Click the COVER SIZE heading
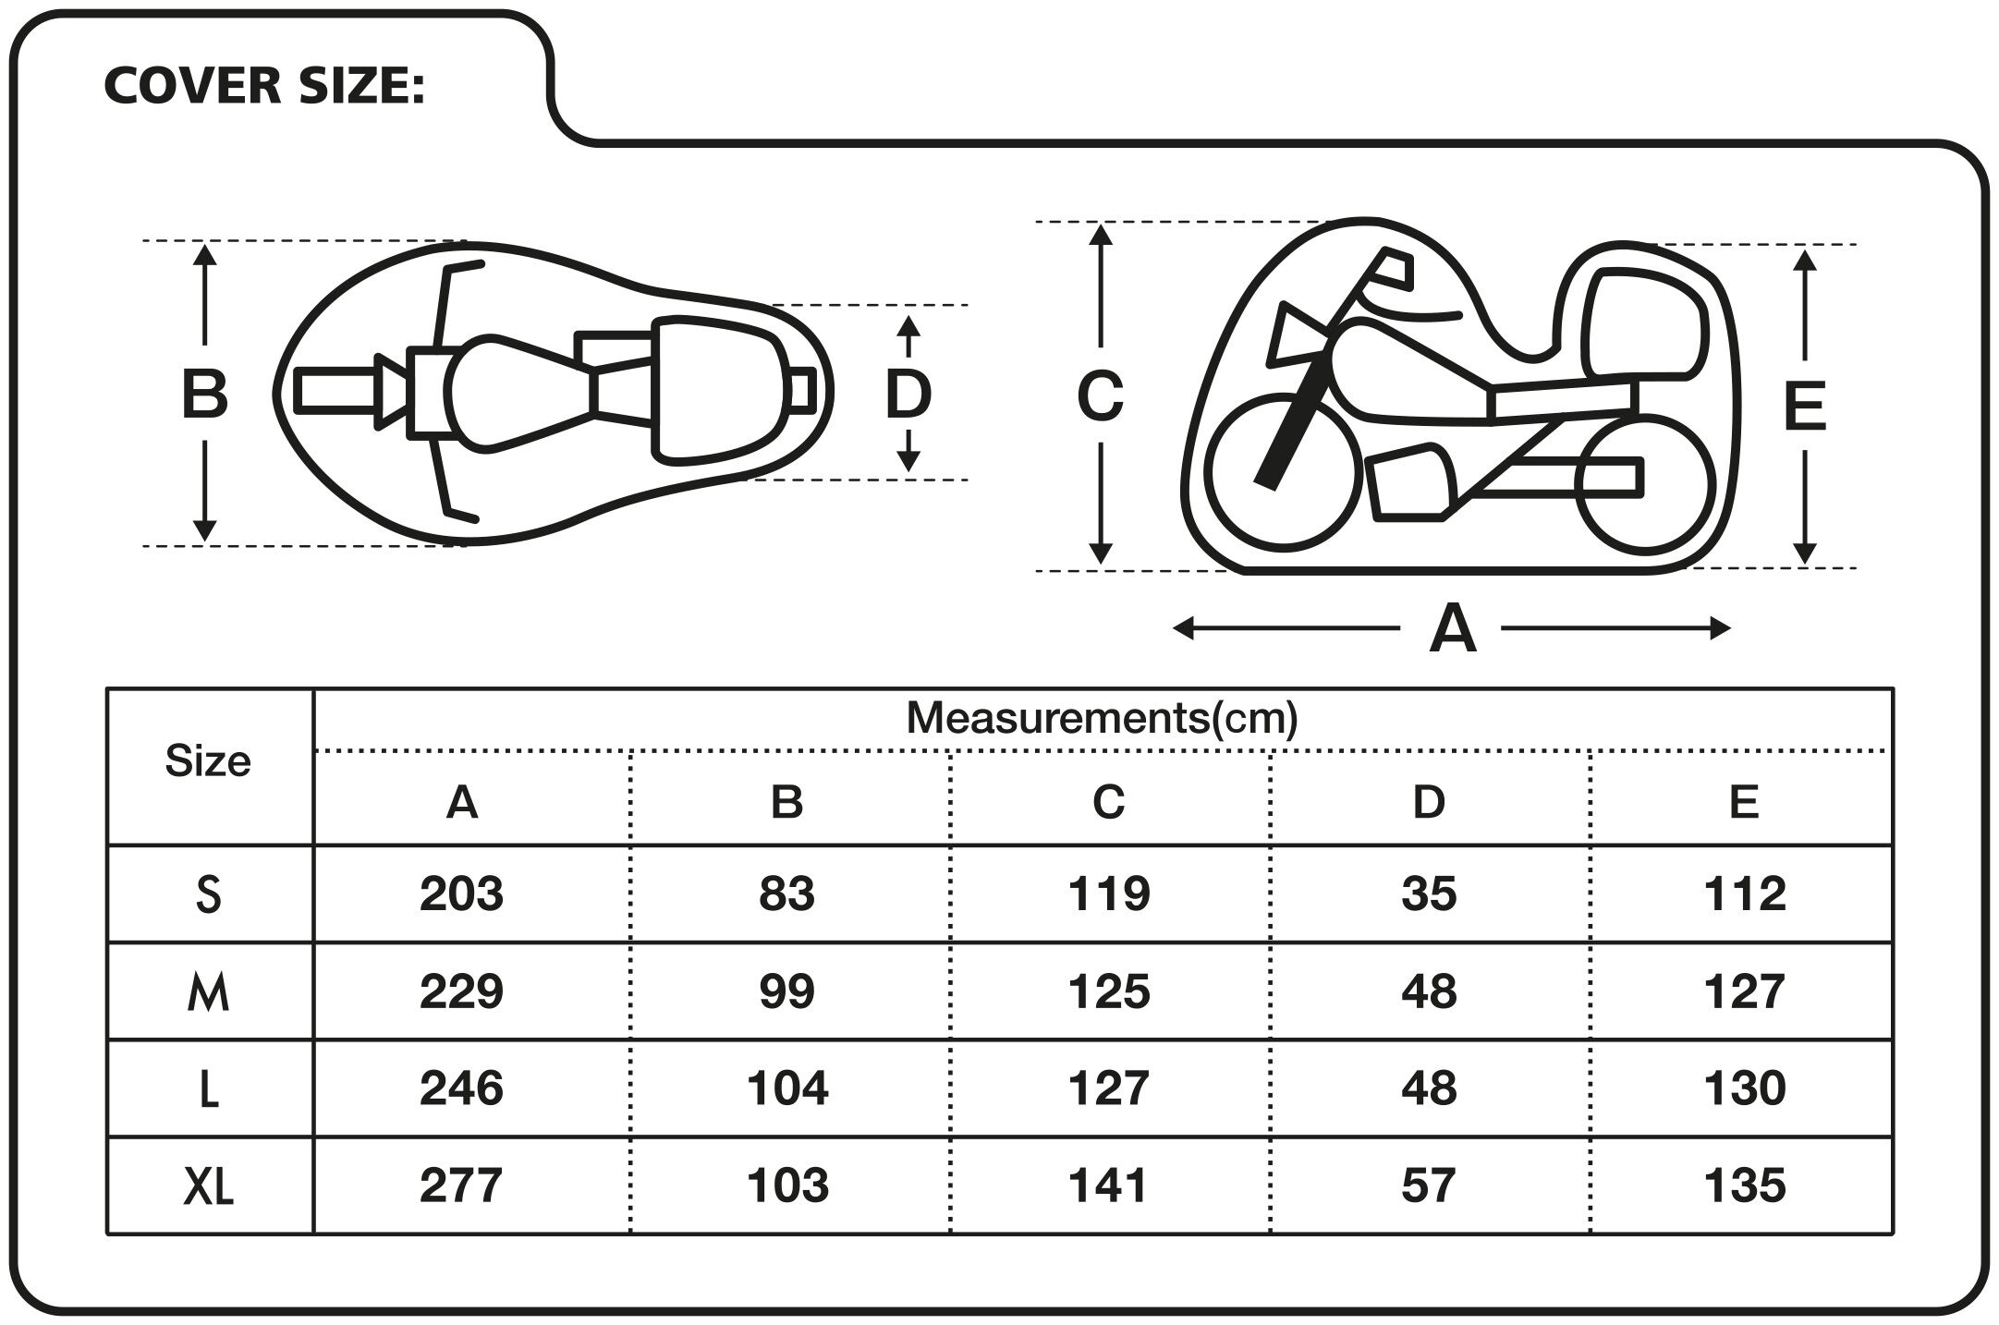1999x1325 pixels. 264,86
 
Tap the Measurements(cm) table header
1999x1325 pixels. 1102,718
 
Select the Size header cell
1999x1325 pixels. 208,762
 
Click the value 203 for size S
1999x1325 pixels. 461,893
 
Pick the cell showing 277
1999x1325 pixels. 461,1185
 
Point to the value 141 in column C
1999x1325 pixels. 1108,1185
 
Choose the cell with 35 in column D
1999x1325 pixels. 1429,893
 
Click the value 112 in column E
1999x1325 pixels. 1744,893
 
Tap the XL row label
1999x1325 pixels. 208,1186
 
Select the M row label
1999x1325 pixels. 208,993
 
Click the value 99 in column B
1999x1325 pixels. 786,991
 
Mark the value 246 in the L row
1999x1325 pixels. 461,1088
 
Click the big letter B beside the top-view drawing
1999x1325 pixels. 204,395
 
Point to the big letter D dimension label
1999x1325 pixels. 908,395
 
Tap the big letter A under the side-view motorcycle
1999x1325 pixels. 1452,630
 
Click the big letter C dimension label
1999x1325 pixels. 1100,396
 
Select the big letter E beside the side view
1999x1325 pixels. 1804,407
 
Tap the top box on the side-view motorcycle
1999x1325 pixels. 1645,323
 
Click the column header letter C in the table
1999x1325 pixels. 1108,802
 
